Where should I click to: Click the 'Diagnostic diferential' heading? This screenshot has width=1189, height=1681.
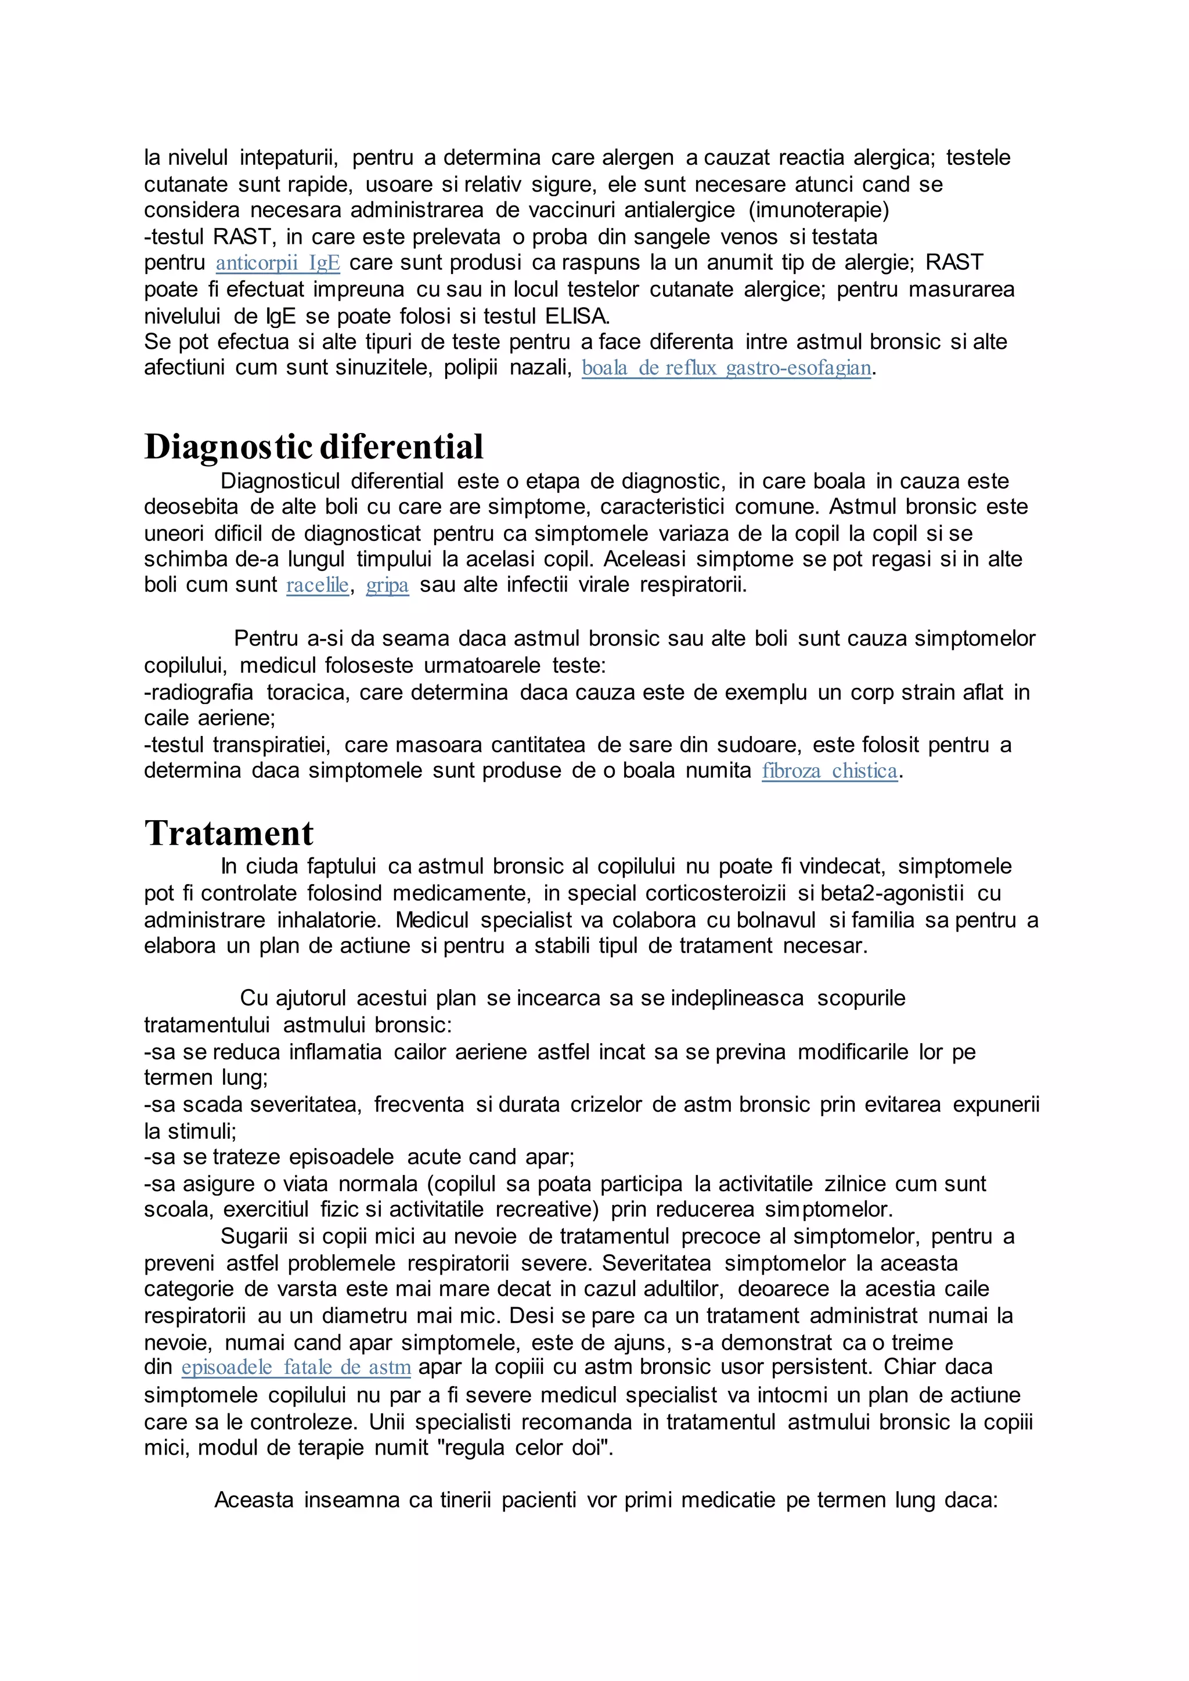tap(314, 446)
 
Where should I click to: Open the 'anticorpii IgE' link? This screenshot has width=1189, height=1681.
tap(278, 263)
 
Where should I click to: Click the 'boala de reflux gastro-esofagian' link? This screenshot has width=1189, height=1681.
tap(726, 367)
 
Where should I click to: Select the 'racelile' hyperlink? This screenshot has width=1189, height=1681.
tap(317, 586)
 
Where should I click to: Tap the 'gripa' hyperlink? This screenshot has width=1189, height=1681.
tap(387, 586)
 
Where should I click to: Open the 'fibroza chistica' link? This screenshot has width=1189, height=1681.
tap(829, 771)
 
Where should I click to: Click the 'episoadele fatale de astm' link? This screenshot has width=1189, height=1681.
tap(296, 1368)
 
